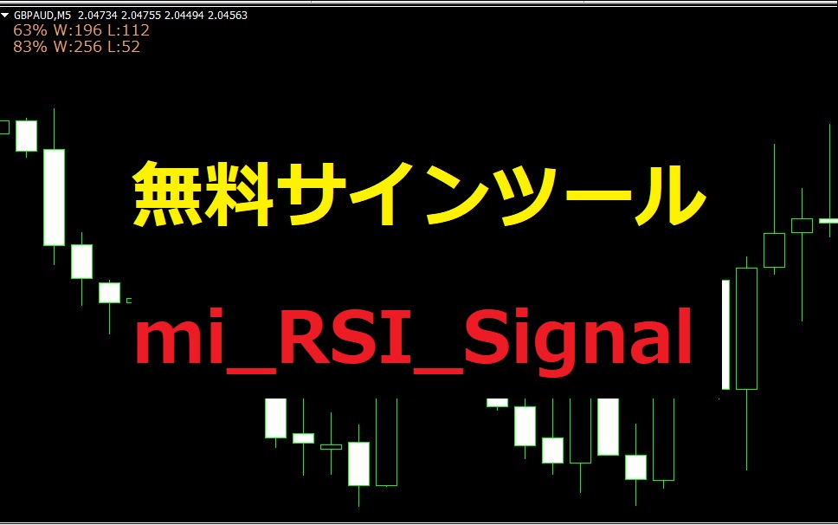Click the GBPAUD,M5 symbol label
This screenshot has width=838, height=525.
42,16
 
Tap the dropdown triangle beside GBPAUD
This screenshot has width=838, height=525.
5,16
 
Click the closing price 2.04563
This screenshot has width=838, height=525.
228,16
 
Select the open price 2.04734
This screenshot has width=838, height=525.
98,16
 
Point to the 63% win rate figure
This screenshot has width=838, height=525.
30,30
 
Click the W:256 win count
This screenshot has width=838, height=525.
78,47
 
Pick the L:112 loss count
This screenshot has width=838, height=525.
128,30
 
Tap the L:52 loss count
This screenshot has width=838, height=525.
124,47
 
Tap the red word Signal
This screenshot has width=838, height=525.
578,342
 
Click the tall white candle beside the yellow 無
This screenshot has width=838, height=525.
54,198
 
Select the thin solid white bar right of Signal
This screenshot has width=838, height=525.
725,334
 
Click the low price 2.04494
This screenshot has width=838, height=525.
184,16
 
